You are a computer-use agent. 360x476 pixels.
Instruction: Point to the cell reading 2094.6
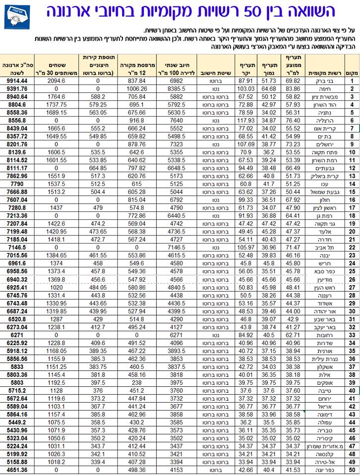[58, 81]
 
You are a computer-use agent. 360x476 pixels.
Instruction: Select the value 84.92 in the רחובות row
[246, 335]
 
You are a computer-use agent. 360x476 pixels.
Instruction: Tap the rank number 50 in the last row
[352, 470]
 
